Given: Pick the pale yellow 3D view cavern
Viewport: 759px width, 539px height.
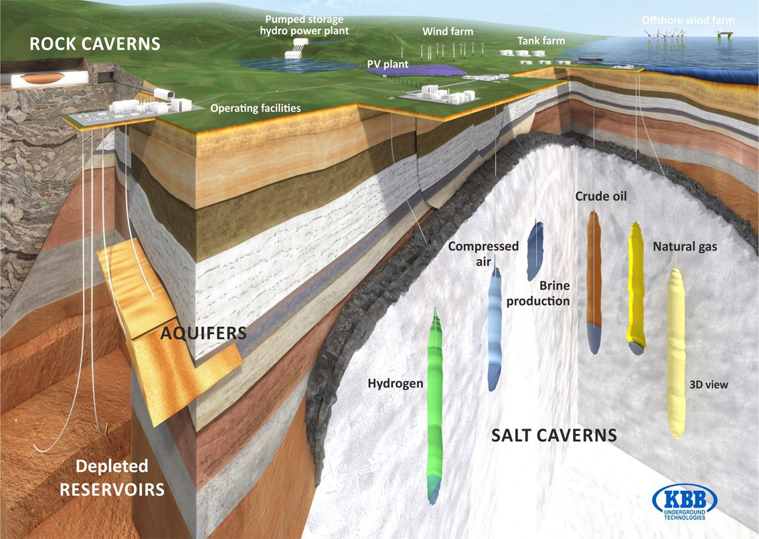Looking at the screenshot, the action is click(676, 353).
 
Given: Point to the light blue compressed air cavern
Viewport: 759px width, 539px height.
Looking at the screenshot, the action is click(494, 330).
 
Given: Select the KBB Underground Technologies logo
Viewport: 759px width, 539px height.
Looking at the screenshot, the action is click(685, 502).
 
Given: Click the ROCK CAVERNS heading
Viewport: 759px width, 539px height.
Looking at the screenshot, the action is click(95, 43).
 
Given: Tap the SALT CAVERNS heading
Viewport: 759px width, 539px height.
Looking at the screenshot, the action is click(554, 435).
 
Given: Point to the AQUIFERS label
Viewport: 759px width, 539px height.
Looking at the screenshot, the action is click(203, 333).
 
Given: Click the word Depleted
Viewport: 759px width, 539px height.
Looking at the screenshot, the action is click(112, 466).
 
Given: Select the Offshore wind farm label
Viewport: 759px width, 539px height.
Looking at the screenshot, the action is click(688, 20).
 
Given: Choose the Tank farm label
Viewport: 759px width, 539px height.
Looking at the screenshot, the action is click(541, 41).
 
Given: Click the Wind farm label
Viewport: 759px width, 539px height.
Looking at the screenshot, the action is click(448, 31).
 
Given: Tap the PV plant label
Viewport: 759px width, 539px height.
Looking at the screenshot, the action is click(388, 64).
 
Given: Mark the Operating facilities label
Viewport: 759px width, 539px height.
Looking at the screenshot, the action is click(255, 108).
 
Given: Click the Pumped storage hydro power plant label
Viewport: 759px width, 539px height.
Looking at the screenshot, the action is click(305, 25).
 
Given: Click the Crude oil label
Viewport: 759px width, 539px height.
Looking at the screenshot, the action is click(601, 196).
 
